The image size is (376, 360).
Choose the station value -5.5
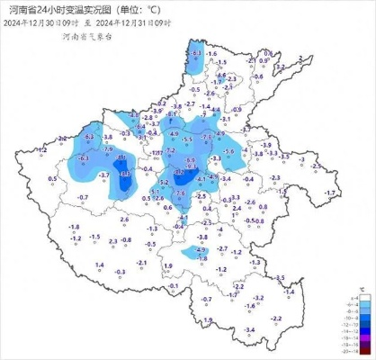[x=187, y=139]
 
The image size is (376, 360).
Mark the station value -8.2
[x=181, y=172]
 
